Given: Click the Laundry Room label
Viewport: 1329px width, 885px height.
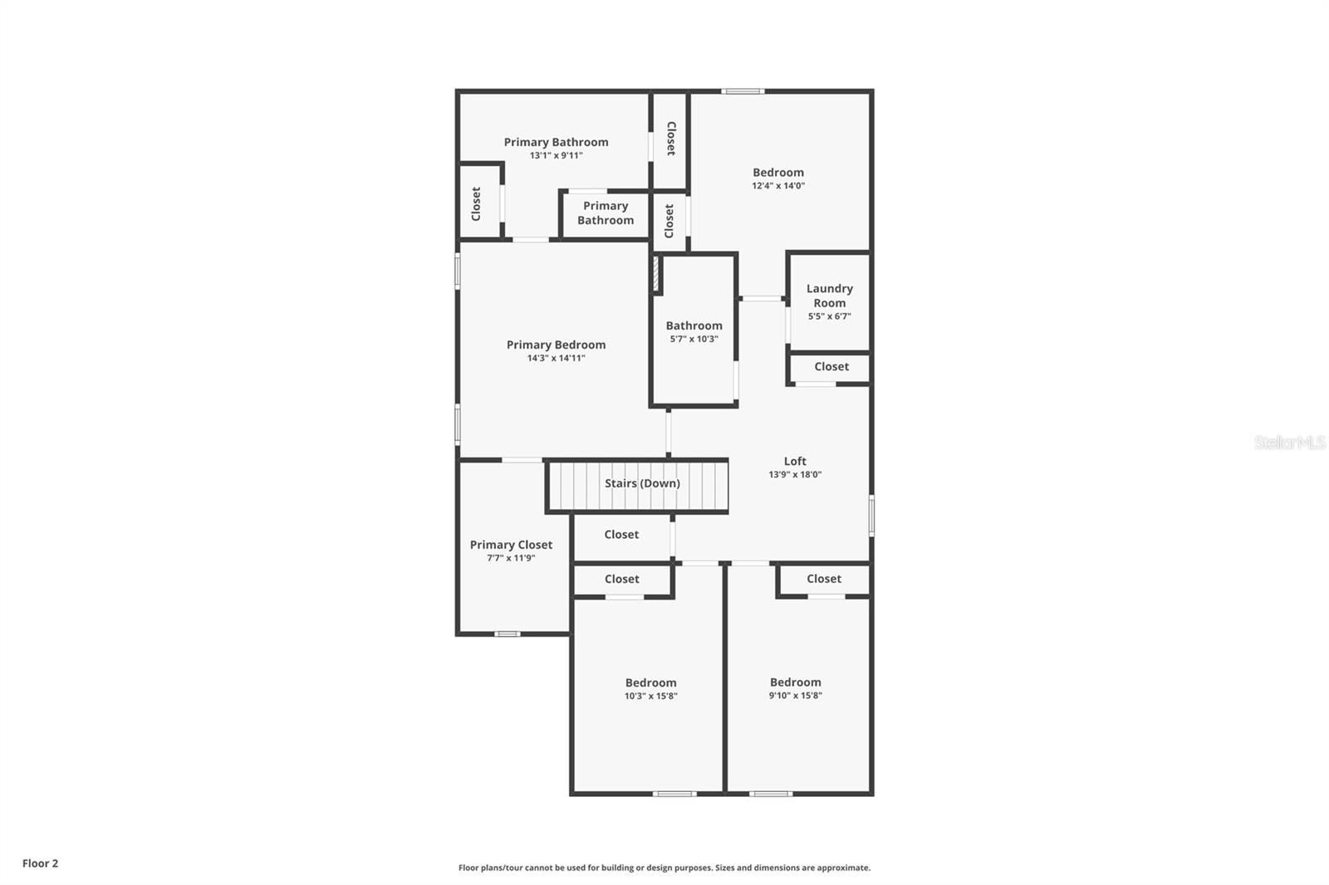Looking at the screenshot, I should [x=829, y=296].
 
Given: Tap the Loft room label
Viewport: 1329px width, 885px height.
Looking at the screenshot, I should [x=795, y=462].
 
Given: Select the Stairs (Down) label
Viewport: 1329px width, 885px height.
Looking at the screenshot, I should [x=642, y=483].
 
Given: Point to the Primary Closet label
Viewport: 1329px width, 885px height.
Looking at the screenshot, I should [x=511, y=545].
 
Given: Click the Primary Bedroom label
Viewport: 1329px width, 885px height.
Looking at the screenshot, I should [x=556, y=345].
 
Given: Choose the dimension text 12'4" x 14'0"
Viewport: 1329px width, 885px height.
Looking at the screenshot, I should [x=778, y=186].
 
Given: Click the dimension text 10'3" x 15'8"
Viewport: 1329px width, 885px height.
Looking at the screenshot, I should [x=650, y=697].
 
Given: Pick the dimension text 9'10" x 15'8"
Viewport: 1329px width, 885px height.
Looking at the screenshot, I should [x=795, y=696].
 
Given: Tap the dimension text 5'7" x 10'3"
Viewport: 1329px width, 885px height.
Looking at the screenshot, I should [x=694, y=339].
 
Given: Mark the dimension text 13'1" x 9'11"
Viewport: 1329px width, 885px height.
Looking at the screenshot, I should [x=556, y=155].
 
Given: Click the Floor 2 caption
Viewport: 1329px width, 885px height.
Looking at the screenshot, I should [x=40, y=863].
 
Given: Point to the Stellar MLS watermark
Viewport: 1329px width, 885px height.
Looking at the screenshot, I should [x=1289, y=442].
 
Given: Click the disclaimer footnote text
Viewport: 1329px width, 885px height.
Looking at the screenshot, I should [x=664, y=868].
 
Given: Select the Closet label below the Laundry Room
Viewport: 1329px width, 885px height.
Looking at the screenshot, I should [x=831, y=366].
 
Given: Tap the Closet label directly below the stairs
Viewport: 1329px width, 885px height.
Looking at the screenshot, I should [x=621, y=535].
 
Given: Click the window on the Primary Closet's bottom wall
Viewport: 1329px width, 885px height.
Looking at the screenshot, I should [x=507, y=634].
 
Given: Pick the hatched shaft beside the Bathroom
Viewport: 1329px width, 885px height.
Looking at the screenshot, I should [x=655, y=274].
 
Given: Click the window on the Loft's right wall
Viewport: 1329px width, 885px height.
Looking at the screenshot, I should [x=871, y=515].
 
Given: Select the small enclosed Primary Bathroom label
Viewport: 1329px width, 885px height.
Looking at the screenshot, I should [x=606, y=213].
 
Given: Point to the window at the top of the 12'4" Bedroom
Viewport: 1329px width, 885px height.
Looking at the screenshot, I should [x=743, y=91].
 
